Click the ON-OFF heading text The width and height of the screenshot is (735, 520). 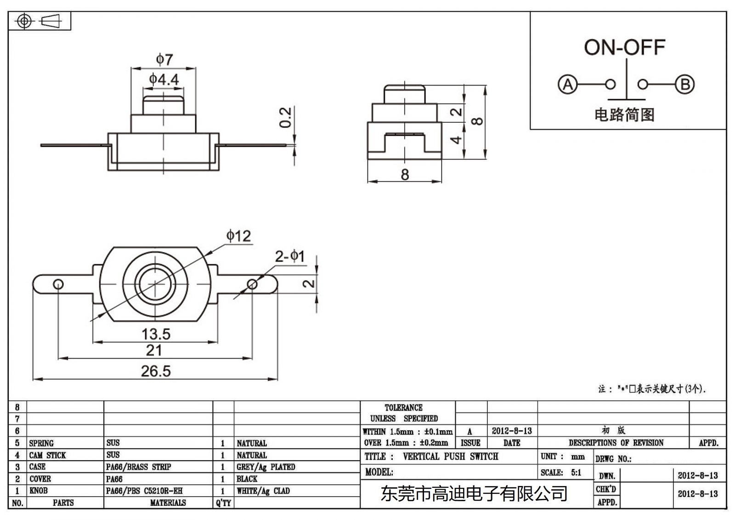tap(624, 47)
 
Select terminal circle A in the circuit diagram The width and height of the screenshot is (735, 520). tap(568, 85)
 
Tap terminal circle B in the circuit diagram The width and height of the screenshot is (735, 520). tap(684, 85)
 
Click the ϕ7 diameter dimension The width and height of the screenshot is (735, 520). tap(164, 59)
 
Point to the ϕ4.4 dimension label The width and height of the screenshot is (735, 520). tap(164, 80)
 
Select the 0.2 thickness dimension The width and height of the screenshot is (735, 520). tap(285, 117)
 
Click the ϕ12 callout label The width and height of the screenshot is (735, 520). tap(238, 236)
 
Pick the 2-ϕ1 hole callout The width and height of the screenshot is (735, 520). tap(290, 256)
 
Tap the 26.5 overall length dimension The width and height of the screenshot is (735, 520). tap(155, 371)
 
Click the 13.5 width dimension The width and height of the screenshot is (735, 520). tap(156, 334)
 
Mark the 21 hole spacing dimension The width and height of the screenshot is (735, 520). tap(154, 351)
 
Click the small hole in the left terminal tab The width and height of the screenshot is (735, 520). tap(58, 284)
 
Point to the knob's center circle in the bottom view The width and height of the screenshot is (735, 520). tap(156, 284)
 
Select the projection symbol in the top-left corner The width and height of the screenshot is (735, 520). tap(40, 21)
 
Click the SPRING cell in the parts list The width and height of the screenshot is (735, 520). tap(41, 443)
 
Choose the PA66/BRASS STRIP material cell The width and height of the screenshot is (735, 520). tap(138, 467)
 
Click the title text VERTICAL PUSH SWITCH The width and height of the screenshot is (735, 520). tap(450, 457)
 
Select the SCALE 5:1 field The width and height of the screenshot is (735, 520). tap(561, 473)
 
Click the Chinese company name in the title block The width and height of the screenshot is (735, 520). tap(474, 494)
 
